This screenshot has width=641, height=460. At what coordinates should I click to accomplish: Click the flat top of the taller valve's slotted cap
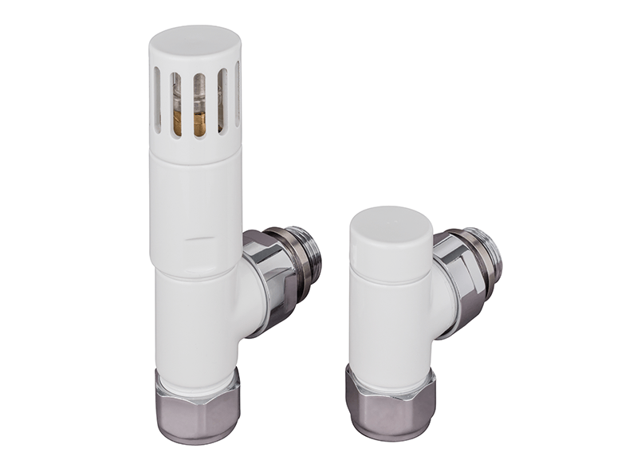[196, 41]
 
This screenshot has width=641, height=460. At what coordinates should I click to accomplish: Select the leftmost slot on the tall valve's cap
[157, 99]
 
